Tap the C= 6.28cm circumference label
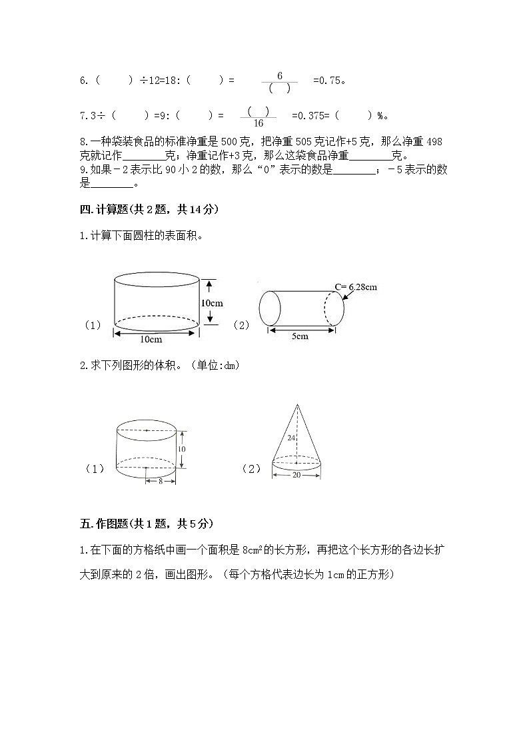[x=356, y=287]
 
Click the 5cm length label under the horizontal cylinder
[x=300, y=336]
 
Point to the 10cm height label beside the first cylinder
[x=212, y=302]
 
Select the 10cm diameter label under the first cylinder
[x=151, y=340]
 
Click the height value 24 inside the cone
[x=290, y=438]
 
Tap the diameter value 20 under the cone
[x=296, y=475]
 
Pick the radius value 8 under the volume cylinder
[x=161, y=481]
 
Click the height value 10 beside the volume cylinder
[x=181, y=449]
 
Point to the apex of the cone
[x=296, y=404]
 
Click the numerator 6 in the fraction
[x=280, y=76]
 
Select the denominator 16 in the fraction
[x=258, y=123]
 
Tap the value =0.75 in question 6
[x=328, y=81]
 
